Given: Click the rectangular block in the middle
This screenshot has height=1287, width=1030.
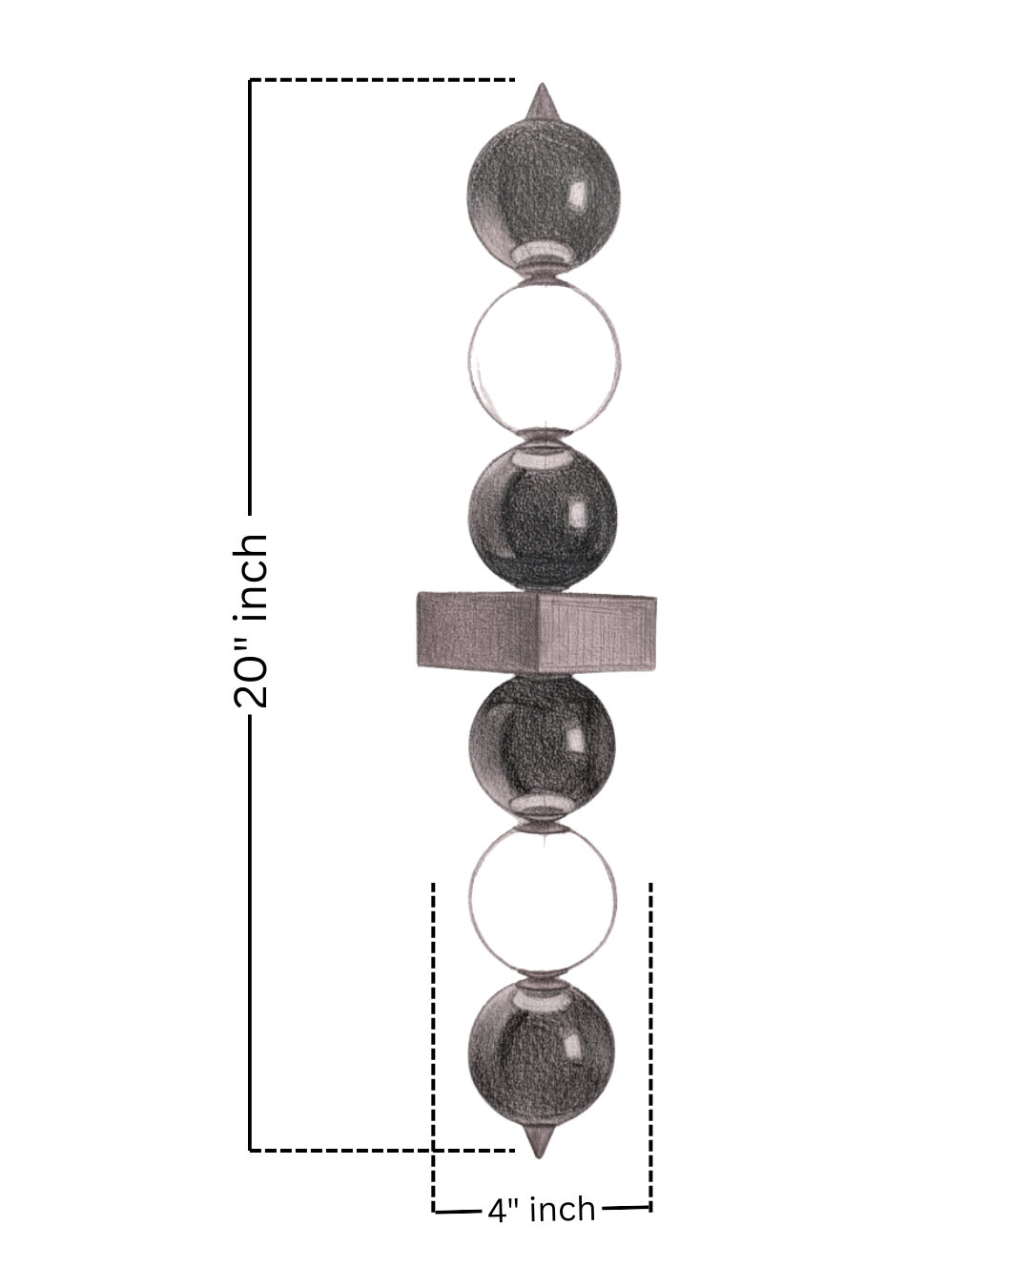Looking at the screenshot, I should [x=537, y=630].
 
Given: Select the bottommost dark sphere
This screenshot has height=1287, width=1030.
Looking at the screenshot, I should [x=542, y=1052].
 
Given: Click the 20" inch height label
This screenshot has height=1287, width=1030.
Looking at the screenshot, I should [x=251, y=620].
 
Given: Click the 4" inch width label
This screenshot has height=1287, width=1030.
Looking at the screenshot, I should [x=542, y=1210].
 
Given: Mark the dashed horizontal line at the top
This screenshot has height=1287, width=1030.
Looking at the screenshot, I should [x=381, y=80].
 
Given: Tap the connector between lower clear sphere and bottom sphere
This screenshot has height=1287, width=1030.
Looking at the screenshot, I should [x=542, y=981].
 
